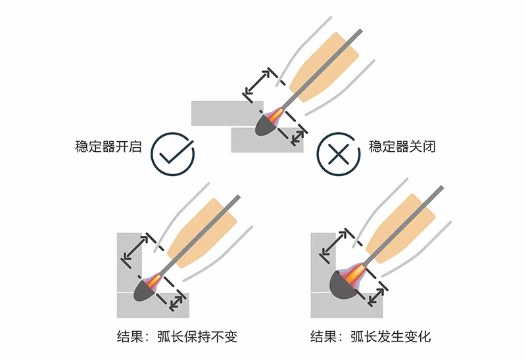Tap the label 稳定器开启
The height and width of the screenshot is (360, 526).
pyautogui.click(x=108, y=146)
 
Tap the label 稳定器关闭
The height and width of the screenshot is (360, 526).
pyautogui.click(x=402, y=146)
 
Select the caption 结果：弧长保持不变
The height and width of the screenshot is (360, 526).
pyautogui.click(x=177, y=336)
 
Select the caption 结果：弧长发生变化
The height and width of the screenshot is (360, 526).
pyautogui.click(x=371, y=336)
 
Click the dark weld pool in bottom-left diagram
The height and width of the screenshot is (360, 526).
pyautogui.click(x=144, y=291)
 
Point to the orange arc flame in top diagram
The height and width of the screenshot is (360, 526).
pyautogui.click(x=275, y=115)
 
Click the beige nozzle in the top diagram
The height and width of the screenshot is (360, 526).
pyautogui.click(x=323, y=67)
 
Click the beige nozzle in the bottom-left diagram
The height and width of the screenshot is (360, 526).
pyautogui.click(x=202, y=233)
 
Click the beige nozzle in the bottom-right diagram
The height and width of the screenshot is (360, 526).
pyautogui.click(x=400, y=229)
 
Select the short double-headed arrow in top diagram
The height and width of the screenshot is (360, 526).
pyautogui.click(x=297, y=138)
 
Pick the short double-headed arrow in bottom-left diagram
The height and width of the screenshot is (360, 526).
pyautogui.click(x=176, y=303)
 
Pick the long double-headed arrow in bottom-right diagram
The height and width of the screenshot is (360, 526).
pyautogui.click(x=334, y=242)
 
